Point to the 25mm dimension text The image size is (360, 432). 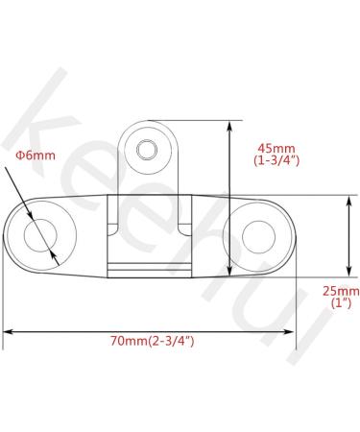[341, 289]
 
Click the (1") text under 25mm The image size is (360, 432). [341, 302]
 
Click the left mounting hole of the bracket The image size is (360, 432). [44, 233]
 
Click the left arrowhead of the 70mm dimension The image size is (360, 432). [8, 331]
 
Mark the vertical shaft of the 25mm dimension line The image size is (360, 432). [347, 235]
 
